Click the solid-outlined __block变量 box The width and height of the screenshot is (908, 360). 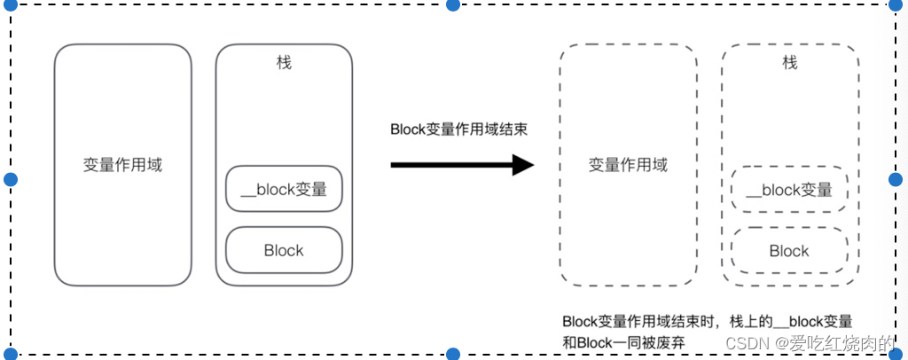point(284,189)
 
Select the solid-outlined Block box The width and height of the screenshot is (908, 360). point(284,250)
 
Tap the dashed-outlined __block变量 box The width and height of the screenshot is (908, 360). point(789,190)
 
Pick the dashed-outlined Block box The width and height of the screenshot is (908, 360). point(789,251)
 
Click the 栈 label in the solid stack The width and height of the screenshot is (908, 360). point(284,63)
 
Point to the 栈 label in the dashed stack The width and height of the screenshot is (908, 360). point(789,63)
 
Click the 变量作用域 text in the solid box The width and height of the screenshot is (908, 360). point(122,165)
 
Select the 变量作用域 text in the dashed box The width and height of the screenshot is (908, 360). point(628,165)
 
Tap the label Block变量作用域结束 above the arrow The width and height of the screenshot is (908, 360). point(459,129)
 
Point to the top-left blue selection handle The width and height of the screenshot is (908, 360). point(11,4)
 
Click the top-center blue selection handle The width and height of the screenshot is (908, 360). point(453,4)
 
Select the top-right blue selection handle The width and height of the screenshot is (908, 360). point(895,4)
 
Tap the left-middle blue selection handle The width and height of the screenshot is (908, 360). point(11,180)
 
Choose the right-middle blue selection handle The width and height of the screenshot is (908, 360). point(895,180)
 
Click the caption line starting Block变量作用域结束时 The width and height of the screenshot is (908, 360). point(707,321)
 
